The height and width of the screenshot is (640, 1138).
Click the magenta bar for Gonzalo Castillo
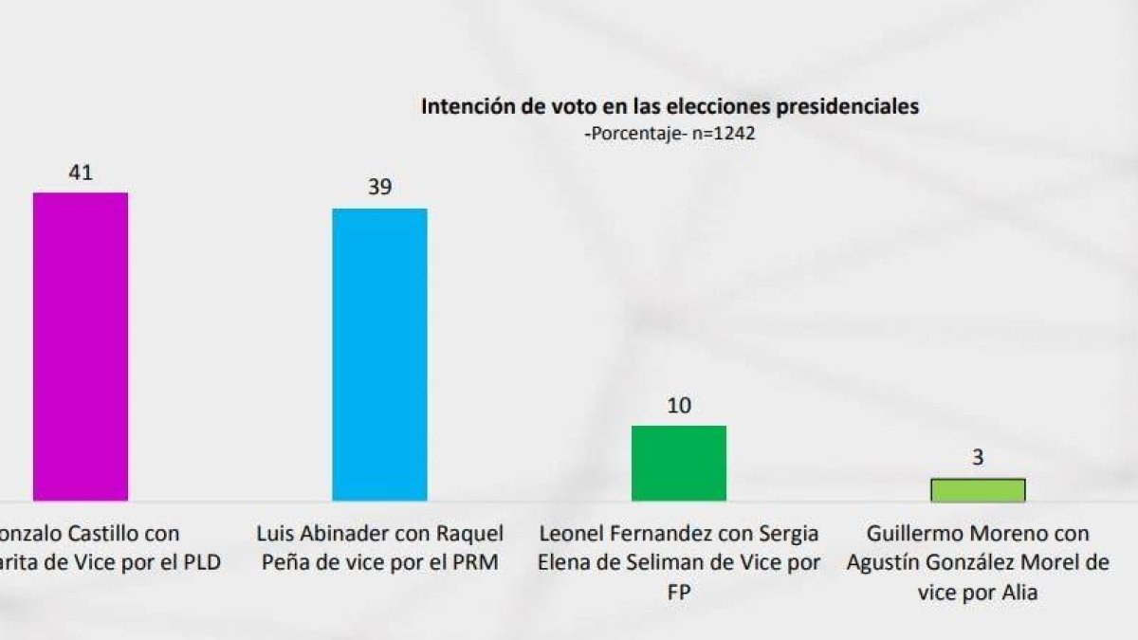81,346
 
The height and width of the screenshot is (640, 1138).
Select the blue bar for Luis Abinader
379,354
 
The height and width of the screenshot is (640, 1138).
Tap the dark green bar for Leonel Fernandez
678,463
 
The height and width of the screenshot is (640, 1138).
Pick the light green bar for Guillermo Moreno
977,489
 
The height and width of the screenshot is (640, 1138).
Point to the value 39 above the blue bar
379,187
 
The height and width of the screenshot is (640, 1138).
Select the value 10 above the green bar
678,405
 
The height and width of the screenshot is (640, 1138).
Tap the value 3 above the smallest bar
978,458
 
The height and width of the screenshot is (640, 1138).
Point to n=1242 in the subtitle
723,134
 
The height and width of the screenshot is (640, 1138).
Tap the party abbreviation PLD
201,561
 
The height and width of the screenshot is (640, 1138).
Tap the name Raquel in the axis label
470,534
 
